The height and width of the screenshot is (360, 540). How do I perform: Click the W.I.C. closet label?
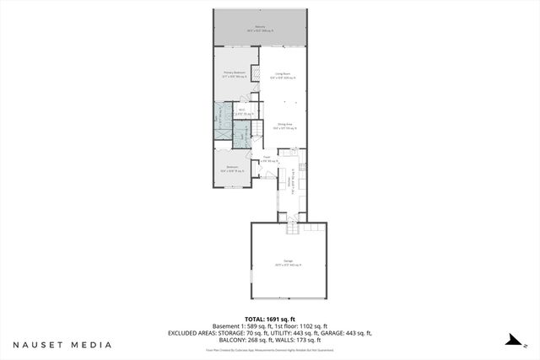[241, 111]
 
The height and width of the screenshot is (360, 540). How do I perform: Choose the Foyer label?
[267, 158]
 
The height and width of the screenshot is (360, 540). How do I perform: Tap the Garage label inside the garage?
[288, 264]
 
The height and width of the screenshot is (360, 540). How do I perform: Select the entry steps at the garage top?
[294, 228]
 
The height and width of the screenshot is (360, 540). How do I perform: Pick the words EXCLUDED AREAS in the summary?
[192, 334]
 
